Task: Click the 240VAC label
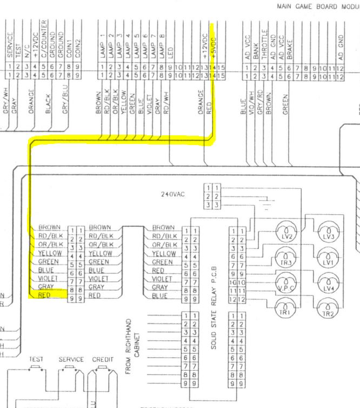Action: (173, 194)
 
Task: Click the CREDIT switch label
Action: (103, 359)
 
